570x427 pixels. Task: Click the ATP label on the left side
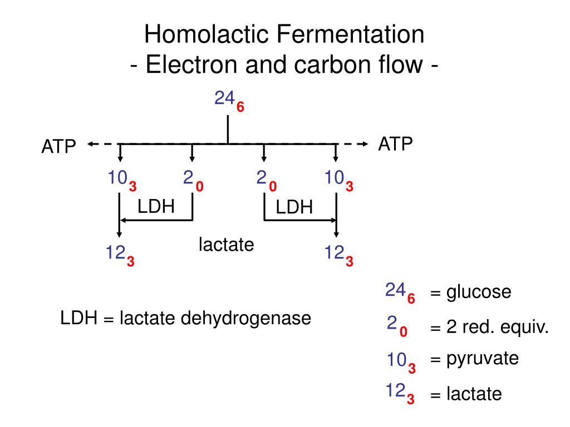58,147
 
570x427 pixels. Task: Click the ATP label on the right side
395,145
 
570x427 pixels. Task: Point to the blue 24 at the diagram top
224,99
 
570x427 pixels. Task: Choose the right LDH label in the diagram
294,207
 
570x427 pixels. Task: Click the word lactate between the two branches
227,244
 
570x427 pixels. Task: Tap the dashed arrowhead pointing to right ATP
365,144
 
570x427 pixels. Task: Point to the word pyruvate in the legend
482,359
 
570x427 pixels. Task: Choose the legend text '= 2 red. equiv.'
489,328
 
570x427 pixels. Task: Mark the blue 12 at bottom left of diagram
116,254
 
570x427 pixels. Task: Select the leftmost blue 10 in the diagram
118,178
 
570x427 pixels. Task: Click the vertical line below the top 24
228,130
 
